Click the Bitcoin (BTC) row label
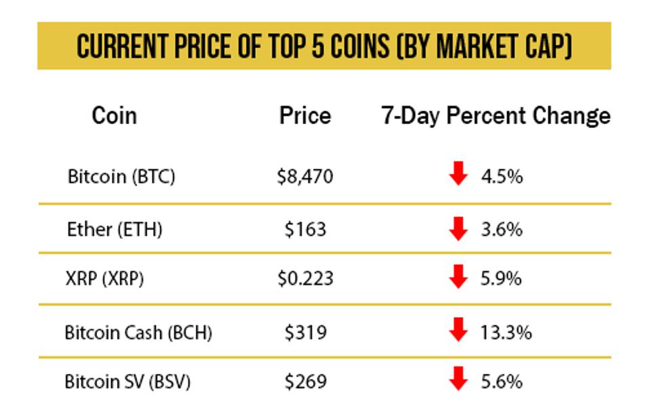coord(121,177)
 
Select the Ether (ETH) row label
coord(115,229)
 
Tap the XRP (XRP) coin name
coord(105,278)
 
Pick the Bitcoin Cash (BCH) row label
coord(138,333)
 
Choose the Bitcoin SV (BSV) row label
coord(127,381)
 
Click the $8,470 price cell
coord(305,177)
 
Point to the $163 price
coord(305,229)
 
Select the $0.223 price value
coord(305,278)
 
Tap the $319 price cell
coord(305,333)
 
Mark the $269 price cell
coord(305,381)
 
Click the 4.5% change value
coord(502,177)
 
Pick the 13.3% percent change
coord(506,333)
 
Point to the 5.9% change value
coord(502,278)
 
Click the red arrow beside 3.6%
coord(459,228)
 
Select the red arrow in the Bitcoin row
coord(459,174)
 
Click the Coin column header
coord(114,116)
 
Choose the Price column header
coord(305,116)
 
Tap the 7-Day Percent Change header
coord(495,116)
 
